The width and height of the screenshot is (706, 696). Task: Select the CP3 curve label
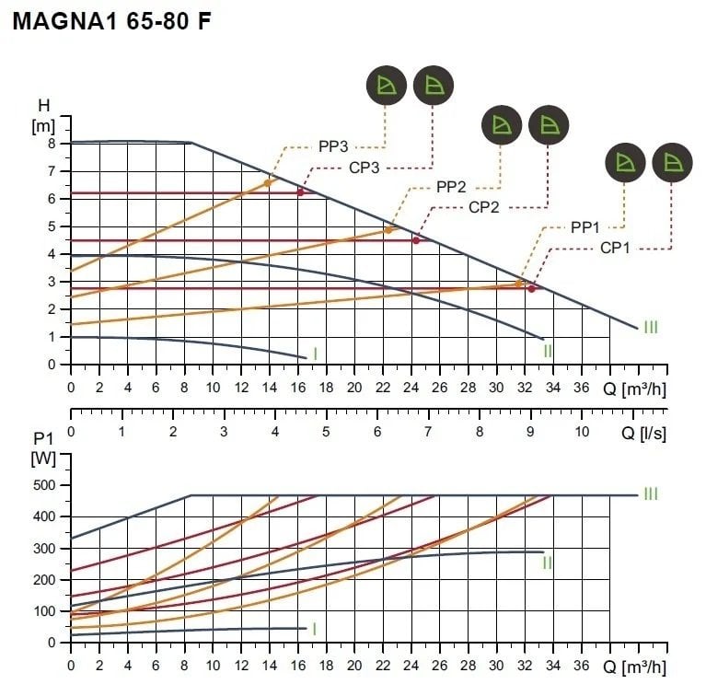365,168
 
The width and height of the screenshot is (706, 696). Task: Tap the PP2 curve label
451,188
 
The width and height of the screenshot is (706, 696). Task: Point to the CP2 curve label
483,207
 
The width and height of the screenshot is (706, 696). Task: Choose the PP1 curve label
585,226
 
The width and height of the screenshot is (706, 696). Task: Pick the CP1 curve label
616,247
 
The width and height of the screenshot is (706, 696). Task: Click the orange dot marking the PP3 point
268,183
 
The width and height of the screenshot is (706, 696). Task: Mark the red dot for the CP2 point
416,240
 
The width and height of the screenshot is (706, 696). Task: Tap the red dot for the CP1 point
531,289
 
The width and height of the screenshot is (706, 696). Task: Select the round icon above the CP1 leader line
671,164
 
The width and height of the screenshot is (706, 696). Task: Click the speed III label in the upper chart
651,327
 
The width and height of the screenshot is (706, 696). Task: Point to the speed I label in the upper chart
315,354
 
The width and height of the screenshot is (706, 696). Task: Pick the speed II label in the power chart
547,562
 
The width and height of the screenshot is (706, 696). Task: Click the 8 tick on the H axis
52,144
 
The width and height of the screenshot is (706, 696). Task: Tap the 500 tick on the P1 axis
45,485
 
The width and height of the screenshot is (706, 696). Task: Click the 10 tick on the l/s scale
582,430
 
